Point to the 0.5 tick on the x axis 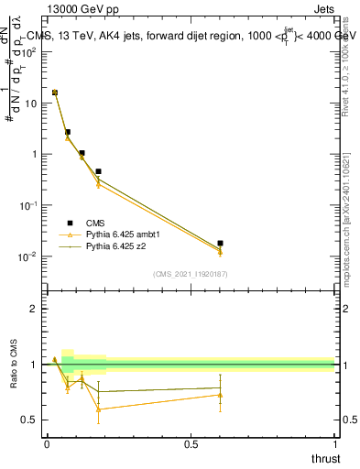(191, 443)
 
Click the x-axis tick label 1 (334, 443)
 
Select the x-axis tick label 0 (47, 443)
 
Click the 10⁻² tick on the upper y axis (29, 256)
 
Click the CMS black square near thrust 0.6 (220, 244)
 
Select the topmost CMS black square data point (55, 93)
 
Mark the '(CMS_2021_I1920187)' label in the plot (190, 273)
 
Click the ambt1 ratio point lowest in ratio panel (98, 409)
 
